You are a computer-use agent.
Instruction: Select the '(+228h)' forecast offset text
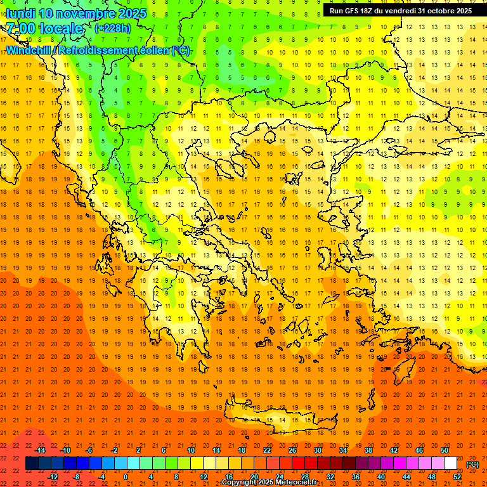point(112,28)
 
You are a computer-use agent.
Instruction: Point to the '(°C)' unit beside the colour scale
point(472,464)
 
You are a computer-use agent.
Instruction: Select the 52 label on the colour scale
point(457,477)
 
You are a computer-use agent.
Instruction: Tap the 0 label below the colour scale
point(126,477)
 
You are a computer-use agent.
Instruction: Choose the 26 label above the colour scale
point(292,450)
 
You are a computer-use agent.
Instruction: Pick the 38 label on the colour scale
point(368,450)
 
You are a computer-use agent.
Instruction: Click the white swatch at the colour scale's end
point(451,464)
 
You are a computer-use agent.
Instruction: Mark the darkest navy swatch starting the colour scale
point(32,464)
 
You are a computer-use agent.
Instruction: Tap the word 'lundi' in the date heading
point(20,13)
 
